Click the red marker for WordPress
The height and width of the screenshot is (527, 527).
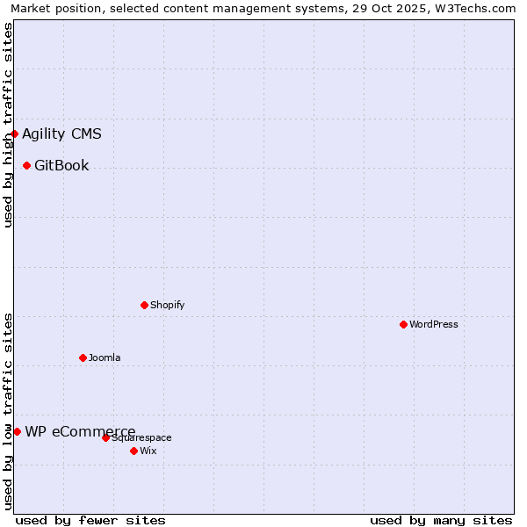pos(403,324)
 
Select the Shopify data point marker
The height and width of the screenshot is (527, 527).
pos(144,305)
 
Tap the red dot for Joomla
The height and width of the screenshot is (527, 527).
pos(83,357)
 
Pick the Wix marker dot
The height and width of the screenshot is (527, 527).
pos(134,451)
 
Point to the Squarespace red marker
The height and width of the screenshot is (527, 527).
pos(105,437)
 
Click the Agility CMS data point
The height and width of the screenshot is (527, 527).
pos(15,134)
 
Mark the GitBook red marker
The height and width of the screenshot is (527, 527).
pos(26,165)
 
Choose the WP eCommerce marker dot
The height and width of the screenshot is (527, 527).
pos(17,431)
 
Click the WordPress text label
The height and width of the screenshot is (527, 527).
pos(434,324)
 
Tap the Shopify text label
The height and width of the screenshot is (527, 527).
pos(168,305)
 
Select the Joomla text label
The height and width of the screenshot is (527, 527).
pos(105,357)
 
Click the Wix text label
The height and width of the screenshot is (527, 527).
pos(148,451)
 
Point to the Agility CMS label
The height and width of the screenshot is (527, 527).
pos(61,134)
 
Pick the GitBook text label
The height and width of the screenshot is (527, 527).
pos(61,165)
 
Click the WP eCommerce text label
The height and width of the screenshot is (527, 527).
pos(80,431)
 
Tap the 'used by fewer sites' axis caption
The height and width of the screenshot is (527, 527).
pos(90,520)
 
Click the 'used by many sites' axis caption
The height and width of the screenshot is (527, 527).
pos(441,520)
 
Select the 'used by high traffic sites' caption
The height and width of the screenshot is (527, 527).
pos(8,126)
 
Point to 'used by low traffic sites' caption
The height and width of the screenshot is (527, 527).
pos(8,410)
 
